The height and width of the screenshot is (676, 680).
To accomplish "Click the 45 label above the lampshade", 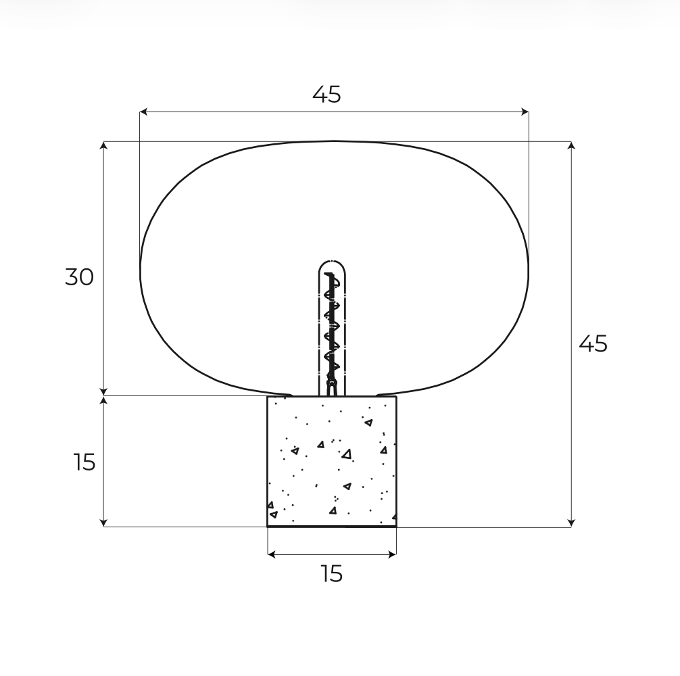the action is (x=326, y=95).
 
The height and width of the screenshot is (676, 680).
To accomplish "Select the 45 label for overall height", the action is (x=593, y=344).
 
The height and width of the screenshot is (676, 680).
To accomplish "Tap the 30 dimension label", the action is (x=79, y=277).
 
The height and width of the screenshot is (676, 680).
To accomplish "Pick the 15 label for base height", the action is (x=84, y=462).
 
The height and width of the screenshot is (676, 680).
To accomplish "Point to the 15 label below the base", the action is (x=332, y=574).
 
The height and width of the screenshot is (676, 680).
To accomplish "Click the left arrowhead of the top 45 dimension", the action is (x=143, y=112).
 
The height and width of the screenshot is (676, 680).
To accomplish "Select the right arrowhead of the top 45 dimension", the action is (x=525, y=112).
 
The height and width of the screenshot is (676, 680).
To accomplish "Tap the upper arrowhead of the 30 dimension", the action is (x=103, y=145).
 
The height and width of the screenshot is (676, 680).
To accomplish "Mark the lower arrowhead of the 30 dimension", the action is (x=103, y=391).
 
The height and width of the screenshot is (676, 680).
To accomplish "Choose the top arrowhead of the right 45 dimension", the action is (x=571, y=145).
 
